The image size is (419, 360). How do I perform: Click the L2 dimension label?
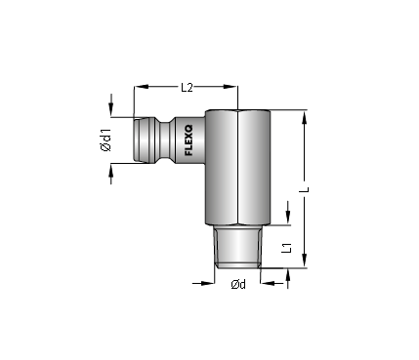pyautogui.click(x=187, y=87)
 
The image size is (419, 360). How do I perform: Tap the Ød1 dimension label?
pyautogui.click(x=106, y=140)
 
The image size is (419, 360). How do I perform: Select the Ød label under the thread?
pyautogui.click(x=238, y=284)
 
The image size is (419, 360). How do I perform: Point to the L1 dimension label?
pyautogui.click(x=286, y=248)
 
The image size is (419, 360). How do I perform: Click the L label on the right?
pyautogui.click(x=306, y=189)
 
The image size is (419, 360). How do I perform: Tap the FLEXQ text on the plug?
pyautogui.click(x=189, y=140)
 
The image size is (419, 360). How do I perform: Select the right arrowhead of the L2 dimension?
pyautogui.click(x=230, y=87)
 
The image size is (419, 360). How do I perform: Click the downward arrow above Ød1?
pyautogui.click(x=111, y=105)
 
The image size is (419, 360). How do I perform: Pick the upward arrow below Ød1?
pyautogui.click(x=111, y=174)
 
